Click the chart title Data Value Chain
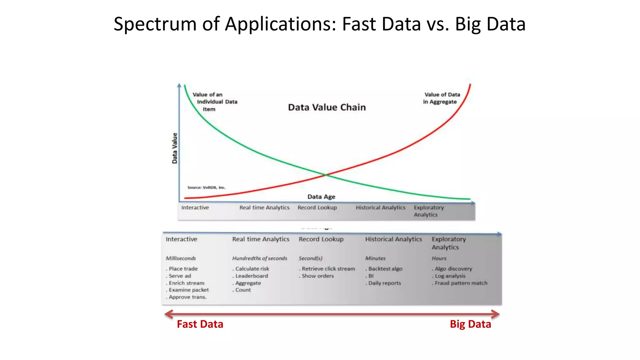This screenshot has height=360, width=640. click(x=327, y=107)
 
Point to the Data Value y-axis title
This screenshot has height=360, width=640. click(x=175, y=148)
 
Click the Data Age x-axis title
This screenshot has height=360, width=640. click(x=321, y=197)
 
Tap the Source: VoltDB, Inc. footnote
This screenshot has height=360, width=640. click(x=206, y=187)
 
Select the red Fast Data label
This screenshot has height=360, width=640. click(x=200, y=324)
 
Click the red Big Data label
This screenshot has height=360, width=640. click(x=470, y=324)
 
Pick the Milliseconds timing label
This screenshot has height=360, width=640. click(x=181, y=258)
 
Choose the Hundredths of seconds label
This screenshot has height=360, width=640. click(x=259, y=258)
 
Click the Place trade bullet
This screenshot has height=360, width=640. click(x=183, y=269)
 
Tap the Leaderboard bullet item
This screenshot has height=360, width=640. click(x=252, y=276)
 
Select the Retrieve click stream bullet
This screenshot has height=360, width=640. click(x=328, y=269)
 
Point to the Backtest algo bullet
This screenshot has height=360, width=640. click(x=385, y=269)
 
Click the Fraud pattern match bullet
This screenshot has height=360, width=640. click(x=461, y=283)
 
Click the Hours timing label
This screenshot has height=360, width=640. click(x=439, y=258)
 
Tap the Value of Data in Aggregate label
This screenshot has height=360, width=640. click(x=441, y=98)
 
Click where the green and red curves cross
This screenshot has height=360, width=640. click(x=325, y=175)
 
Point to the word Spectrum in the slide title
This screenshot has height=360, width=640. click(x=155, y=24)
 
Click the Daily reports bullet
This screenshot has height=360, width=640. click(x=384, y=283)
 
